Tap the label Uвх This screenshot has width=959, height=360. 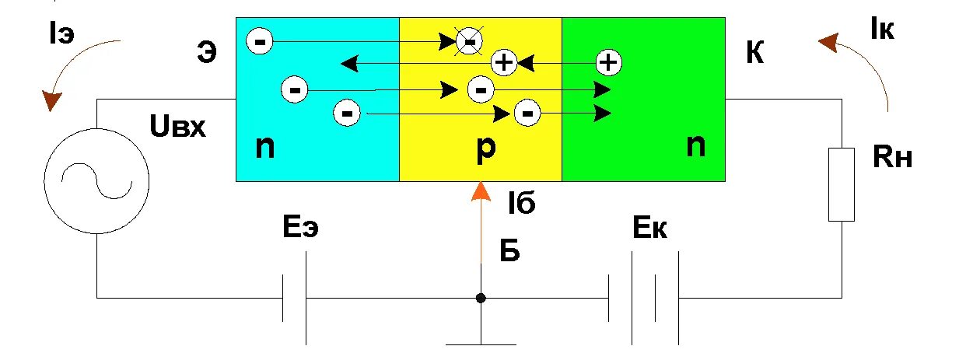180,127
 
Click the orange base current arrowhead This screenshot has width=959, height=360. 481,190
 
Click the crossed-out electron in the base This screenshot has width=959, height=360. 469,40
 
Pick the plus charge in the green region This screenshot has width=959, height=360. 609,61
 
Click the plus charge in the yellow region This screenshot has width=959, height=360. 505,63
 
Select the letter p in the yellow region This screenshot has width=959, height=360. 485,149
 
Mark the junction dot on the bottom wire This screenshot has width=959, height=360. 481,298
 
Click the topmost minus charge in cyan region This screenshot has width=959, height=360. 260,40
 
